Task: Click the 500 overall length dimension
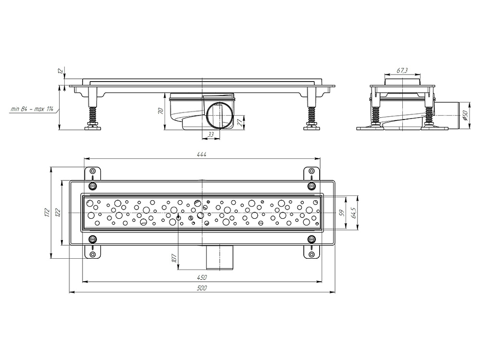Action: (202, 288)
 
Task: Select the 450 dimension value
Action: (202, 277)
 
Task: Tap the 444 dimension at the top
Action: (202, 154)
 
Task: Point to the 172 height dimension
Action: (47, 213)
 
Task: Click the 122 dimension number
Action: (58, 213)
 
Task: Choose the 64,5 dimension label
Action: (354, 213)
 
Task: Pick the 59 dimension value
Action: (343, 213)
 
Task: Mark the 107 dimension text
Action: (174, 258)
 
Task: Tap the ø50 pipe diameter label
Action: (465, 115)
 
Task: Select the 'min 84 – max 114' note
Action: (32, 108)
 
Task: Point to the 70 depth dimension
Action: (160, 111)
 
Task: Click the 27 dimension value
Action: (240, 122)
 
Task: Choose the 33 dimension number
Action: (211, 134)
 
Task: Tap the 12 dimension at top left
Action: (60, 71)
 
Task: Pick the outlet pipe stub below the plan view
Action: (220, 257)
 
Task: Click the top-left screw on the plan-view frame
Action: (92, 185)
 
